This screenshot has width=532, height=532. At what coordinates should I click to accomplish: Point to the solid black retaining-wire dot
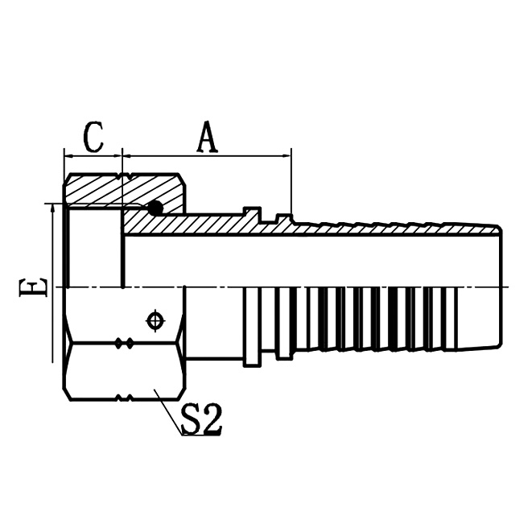pyautogui.click(x=155, y=208)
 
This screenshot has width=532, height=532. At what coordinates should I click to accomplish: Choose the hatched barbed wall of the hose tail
pyautogui.click(x=386, y=227)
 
